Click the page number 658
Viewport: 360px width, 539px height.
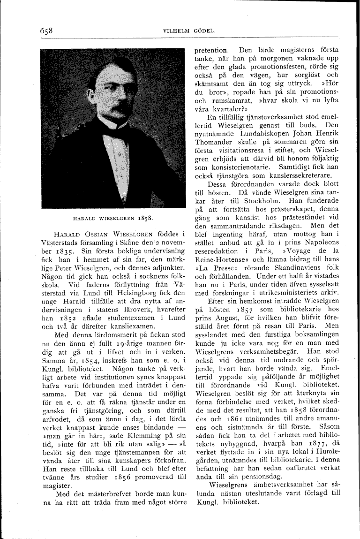pyautogui.click(x=45, y=30)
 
